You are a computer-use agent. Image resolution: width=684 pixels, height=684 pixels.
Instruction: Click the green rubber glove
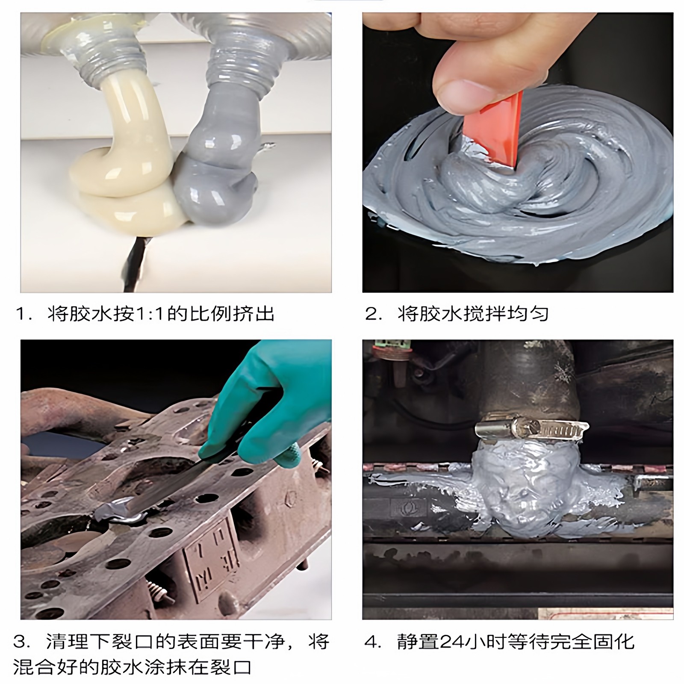[x=274, y=410]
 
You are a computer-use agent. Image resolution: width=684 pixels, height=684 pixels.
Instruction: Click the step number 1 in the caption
[x=21, y=314]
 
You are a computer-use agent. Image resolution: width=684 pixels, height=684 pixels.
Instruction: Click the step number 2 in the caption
[x=370, y=314]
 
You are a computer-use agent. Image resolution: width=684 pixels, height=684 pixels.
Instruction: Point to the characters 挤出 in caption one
[x=254, y=314]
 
